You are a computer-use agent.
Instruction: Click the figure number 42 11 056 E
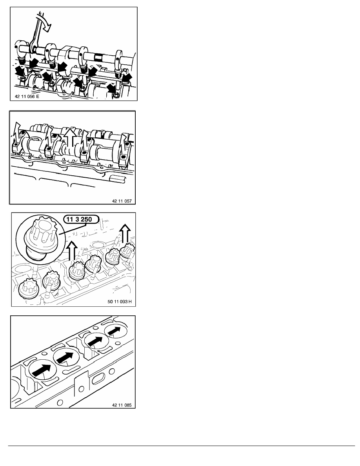click(x=27, y=96)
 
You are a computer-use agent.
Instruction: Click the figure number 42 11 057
click(x=122, y=201)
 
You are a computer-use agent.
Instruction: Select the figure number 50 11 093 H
click(x=119, y=302)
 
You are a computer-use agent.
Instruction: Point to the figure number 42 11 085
click(x=122, y=405)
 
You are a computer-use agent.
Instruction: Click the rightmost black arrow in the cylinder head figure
click(x=115, y=330)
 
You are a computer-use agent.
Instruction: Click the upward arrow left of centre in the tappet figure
click(x=72, y=250)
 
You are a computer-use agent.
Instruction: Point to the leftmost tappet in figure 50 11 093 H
click(x=27, y=289)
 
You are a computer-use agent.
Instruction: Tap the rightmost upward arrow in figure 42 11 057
click(x=125, y=142)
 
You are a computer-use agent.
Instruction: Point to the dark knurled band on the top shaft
click(x=99, y=57)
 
